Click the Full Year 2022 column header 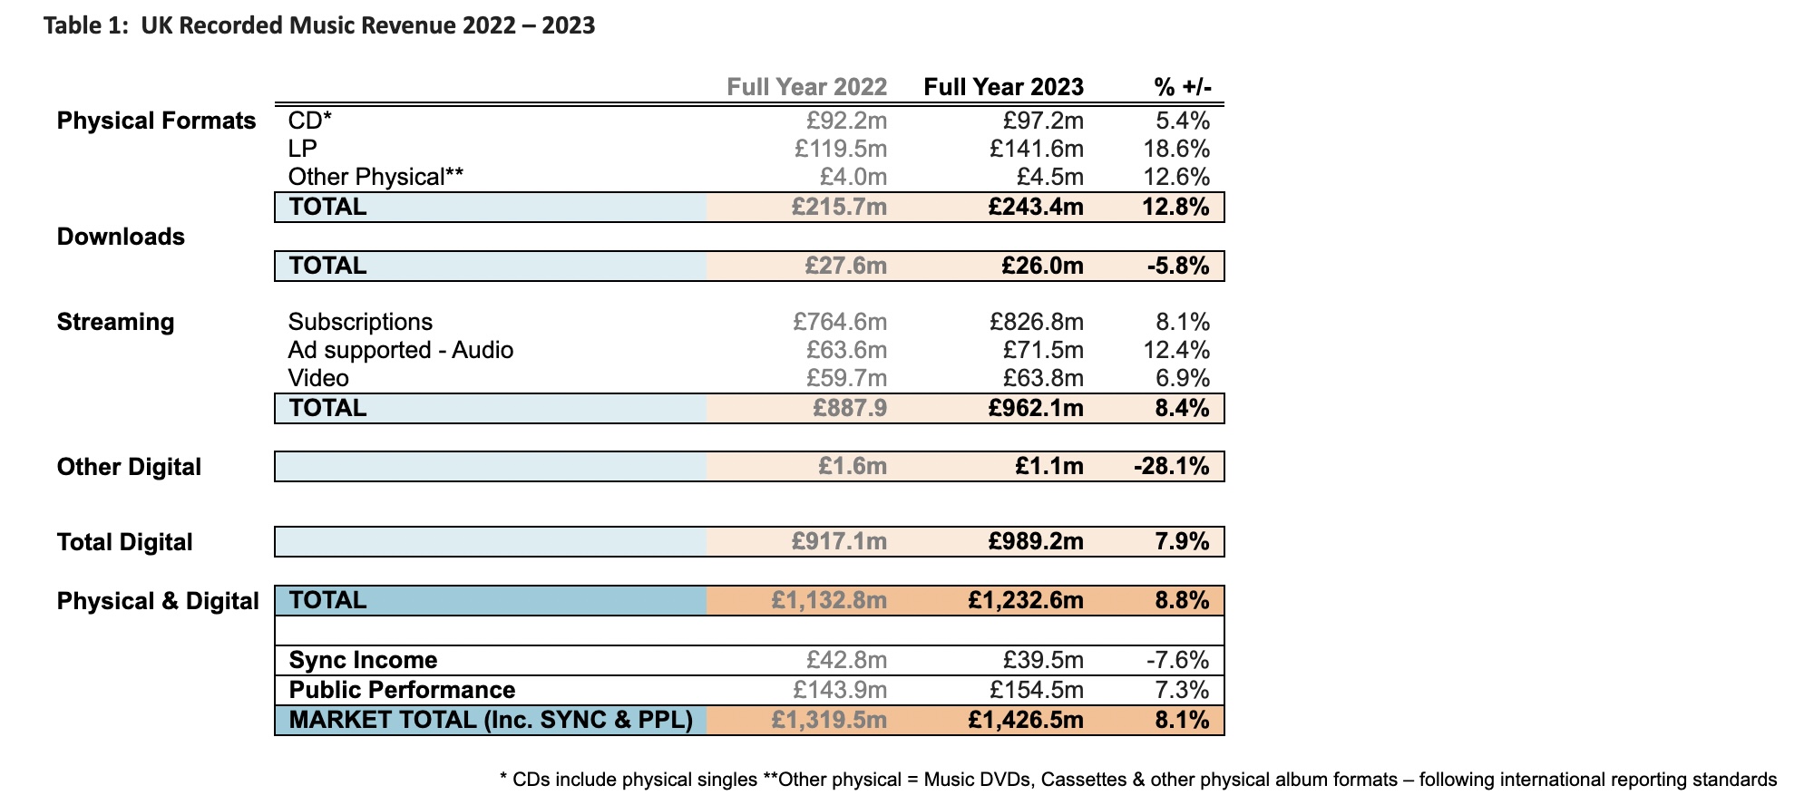click(807, 87)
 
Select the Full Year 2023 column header click(1004, 87)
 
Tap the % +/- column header click(1183, 87)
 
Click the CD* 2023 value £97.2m click(1043, 121)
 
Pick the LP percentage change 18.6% click(1176, 149)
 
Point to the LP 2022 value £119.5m click(841, 149)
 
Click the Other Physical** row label click(375, 177)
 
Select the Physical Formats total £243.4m click(1036, 207)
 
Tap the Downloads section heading click(121, 237)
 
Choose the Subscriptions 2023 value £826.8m click(1037, 322)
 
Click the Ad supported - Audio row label click(401, 350)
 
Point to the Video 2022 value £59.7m click(847, 378)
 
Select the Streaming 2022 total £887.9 click(850, 408)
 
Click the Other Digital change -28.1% click(1172, 467)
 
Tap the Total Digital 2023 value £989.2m click(1036, 542)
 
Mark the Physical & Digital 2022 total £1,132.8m click(829, 600)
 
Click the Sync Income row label click(363, 660)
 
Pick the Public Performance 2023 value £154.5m click(1037, 690)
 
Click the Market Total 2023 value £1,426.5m click(1026, 720)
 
